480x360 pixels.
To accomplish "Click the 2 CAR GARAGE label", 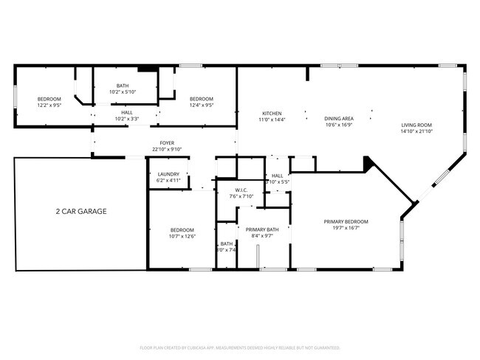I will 81,211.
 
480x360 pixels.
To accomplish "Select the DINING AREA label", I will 339,119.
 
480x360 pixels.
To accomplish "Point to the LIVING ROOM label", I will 416,125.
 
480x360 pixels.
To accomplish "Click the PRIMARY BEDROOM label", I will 346,221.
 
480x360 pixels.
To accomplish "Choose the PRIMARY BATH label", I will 262,229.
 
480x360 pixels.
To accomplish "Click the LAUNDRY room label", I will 169,174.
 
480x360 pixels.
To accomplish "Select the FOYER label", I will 168,143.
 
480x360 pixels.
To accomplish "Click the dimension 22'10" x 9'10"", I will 168,149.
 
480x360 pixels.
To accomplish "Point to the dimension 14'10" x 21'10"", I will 416,131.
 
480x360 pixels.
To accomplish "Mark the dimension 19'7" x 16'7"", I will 346,228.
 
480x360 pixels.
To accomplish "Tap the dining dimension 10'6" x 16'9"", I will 339,125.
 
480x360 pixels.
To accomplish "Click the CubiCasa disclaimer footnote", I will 239,347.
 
